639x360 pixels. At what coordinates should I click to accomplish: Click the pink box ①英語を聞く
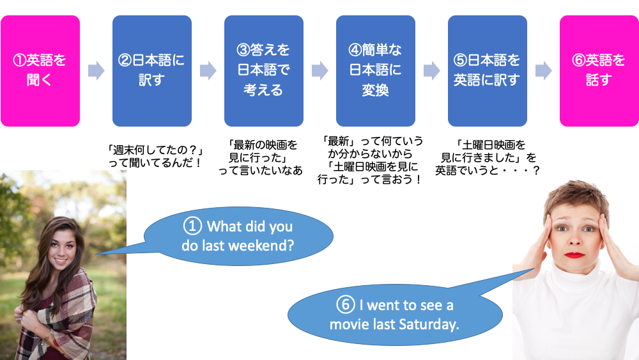tap(40, 71)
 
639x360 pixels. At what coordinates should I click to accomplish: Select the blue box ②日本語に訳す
tap(152, 71)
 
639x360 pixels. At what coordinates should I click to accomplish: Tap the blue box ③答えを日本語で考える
tap(264, 71)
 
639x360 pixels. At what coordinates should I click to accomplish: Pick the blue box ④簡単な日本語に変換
tap(376, 71)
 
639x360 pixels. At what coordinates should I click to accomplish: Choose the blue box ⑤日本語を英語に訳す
tap(488, 71)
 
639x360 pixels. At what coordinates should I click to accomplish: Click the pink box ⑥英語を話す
tap(599, 71)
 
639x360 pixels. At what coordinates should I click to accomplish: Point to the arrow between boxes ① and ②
tap(96, 70)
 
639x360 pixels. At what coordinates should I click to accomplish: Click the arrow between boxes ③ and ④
tap(320, 70)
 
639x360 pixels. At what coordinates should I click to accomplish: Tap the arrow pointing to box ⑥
tap(543, 70)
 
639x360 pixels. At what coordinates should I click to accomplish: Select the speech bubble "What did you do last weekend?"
tap(238, 236)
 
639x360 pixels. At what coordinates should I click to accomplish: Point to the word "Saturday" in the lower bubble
tap(429, 325)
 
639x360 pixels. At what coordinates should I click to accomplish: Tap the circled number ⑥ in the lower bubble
tap(345, 304)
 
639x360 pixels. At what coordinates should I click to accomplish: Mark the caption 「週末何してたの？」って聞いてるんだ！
tap(155, 157)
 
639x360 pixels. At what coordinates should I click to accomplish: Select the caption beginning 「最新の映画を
tap(261, 157)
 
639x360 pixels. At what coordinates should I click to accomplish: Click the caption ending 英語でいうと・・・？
tap(488, 157)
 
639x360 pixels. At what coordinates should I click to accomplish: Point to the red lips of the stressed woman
tap(574, 255)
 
